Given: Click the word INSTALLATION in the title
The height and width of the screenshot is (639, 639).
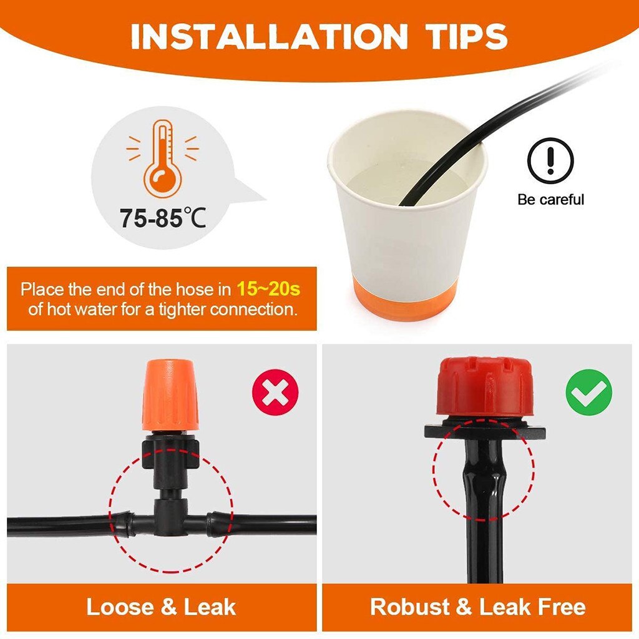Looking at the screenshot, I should [x=268, y=37].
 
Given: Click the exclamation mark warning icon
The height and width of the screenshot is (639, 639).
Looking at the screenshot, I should [x=550, y=161].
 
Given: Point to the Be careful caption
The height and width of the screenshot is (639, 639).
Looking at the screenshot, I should [x=550, y=200].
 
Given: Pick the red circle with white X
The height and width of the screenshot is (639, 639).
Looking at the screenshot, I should [x=275, y=393].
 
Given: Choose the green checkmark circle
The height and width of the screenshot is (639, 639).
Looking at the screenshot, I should [x=588, y=393].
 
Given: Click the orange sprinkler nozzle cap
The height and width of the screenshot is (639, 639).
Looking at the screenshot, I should [x=170, y=394].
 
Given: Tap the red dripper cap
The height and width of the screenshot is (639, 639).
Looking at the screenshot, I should [x=484, y=387].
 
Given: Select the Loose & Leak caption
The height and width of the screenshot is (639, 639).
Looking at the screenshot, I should [x=161, y=607].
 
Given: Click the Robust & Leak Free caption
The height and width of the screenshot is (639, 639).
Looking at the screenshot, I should [x=478, y=607].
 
